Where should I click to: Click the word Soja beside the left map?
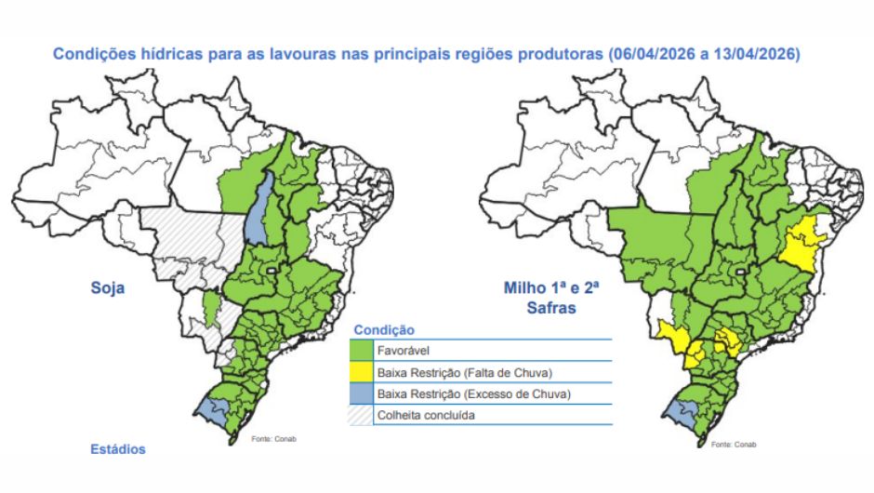coord(107,288)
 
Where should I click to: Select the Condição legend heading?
coord(384,330)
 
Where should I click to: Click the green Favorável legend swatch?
coord(363,352)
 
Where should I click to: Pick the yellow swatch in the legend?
coord(363,373)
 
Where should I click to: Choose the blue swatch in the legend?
coord(363,394)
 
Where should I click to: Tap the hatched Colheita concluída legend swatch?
coord(363,416)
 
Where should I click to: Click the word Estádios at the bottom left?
coord(118,449)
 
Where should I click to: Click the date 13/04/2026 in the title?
coord(763,54)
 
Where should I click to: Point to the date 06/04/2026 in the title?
coord(651,54)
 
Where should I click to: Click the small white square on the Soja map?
coord(271,270)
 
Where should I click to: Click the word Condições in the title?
coord(93,54)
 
